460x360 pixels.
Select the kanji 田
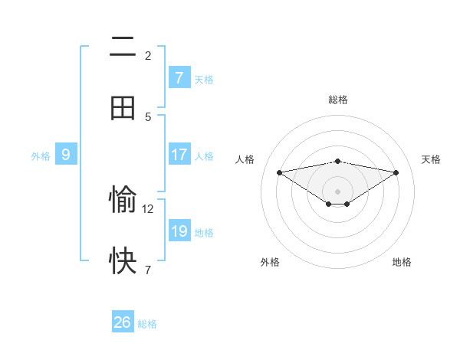[123, 108]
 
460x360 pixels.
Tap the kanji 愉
[123, 201]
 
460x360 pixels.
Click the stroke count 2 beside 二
[148, 55]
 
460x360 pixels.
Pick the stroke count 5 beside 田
[148, 116]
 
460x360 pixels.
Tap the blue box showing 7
[179, 78]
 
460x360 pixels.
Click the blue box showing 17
[179, 155]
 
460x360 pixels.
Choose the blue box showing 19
[179, 231]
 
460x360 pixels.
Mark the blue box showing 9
[66, 155]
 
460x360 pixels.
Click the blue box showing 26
[122, 322]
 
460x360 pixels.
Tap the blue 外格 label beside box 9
[41, 155]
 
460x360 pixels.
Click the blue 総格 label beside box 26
[147, 324]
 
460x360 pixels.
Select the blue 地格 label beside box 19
[204, 232]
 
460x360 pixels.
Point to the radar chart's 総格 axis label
[338, 100]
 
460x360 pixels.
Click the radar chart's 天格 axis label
[431, 159]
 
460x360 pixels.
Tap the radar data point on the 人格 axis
[279, 172]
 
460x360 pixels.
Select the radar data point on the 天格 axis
[396, 172]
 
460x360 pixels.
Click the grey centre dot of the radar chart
[338, 191]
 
